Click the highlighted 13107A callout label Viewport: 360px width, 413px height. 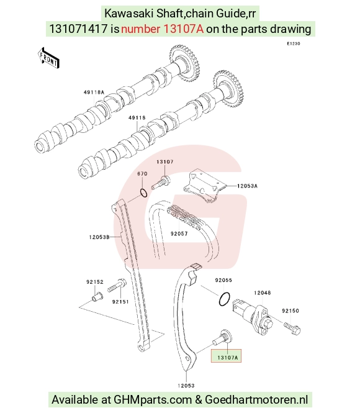(x=227, y=358)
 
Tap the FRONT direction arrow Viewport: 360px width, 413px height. (x=48, y=58)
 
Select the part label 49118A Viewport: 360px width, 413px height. (x=94, y=92)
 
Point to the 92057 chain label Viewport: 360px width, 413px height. (x=179, y=234)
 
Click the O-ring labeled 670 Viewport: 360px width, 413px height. (x=143, y=193)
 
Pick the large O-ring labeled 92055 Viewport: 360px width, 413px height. (x=225, y=299)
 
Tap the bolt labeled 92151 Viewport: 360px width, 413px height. (x=117, y=286)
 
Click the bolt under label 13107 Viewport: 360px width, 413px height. (x=161, y=183)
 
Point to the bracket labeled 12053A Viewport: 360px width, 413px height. (x=205, y=186)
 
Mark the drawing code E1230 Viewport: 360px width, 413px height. (x=294, y=43)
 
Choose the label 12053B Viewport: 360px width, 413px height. (x=99, y=237)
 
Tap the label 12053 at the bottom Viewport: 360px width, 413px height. (x=186, y=386)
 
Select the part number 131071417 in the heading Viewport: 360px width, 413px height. (x=78, y=29)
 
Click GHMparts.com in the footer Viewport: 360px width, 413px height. (x=153, y=400)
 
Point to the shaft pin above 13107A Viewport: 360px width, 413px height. (x=222, y=337)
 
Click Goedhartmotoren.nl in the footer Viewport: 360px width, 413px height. (x=256, y=399)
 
